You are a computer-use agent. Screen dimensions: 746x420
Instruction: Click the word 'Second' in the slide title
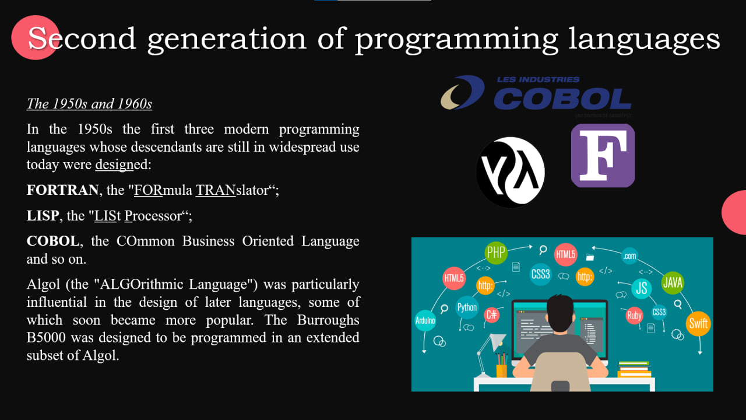pos(82,38)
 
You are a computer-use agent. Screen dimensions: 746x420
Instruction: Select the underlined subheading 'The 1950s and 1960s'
pos(89,104)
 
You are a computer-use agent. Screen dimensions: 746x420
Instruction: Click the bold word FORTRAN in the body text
pos(62,190)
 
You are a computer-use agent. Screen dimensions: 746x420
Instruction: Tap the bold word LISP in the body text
pos(43,216)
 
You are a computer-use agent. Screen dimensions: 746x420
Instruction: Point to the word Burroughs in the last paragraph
pos(328,320)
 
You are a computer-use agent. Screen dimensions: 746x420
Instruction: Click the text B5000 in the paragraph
pos(46,338)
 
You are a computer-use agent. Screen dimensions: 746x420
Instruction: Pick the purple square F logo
pos(603,155)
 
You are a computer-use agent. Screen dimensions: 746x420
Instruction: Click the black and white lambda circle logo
pos(511,172)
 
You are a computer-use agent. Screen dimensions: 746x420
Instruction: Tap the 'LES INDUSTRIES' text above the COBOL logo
pos(538,80)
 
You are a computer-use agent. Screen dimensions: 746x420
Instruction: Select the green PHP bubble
pos(496,253)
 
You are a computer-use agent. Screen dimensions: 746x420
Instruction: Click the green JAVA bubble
pos(673,283)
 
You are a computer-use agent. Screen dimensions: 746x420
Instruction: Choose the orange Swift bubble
pos(698,323)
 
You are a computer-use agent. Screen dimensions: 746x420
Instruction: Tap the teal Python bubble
pos(467,307)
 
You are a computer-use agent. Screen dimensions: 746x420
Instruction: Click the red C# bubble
pos(491,314)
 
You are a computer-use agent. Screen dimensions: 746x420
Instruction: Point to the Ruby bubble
pos(634,316)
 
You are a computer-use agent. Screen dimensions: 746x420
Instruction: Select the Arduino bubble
pos(425,321)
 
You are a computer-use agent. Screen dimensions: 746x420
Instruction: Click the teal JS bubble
pos(642,288)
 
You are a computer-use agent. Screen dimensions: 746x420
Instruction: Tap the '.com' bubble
pos(629,256)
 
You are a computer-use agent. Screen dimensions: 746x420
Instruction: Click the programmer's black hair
pos(560,312)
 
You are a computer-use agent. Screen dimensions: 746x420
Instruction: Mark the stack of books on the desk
pos(634,369)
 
